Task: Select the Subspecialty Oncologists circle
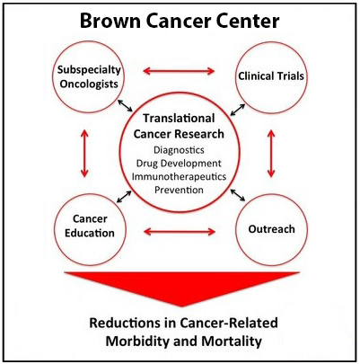point(89,41)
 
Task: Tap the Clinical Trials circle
point(271,41)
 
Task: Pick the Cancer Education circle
point(90,194)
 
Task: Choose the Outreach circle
point(271,194)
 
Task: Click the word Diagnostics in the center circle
point(179,150)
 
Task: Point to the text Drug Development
point(179,164)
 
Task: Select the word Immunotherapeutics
point(179,176)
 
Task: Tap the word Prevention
point(179,190)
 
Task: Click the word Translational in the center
point(179,119)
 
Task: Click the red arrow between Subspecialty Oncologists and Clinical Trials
point(179,71)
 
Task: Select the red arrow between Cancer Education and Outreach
point(180,231)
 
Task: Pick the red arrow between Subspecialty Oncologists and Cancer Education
point(84,153)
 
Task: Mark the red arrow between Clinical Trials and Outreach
point(271,153)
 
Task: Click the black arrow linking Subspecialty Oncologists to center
point(125,105)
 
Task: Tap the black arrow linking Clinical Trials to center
point(238,110)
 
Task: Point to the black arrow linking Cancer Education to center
point(124,197)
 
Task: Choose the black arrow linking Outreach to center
point(238,195)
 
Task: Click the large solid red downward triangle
point(181,285)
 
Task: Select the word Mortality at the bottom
point(232,341)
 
